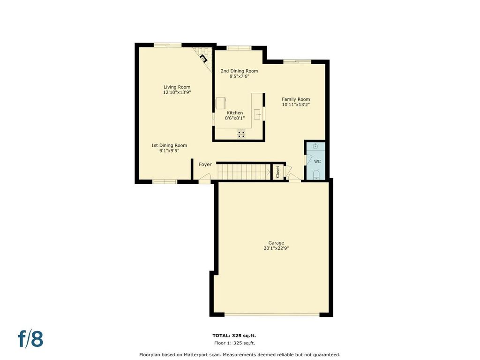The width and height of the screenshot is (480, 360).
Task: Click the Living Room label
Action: tap(177, 87)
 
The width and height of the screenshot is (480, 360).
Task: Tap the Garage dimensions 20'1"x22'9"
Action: tap(276, 248)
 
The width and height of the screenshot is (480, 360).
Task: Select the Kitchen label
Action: tap(235, 112)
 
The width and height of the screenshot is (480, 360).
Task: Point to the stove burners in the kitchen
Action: tap(241, 134)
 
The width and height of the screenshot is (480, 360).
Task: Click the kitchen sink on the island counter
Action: tap(258, 114)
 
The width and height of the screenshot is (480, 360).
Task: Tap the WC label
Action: tap(317, 161)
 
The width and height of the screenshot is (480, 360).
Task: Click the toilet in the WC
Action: tap(316, 175)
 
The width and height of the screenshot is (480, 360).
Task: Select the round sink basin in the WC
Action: tap(315, 146)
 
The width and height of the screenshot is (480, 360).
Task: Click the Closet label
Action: tap(278, 172)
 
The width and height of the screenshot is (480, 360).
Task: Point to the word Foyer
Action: tap(205, 165)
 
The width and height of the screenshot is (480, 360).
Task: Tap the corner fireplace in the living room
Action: tap(203, 58)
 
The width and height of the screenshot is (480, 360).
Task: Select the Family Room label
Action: tap(296, 99)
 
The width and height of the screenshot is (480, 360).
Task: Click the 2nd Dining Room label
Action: tap(240, 71)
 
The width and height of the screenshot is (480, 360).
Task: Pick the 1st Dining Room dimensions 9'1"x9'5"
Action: tap(169, 150)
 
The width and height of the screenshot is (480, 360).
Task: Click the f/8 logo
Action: tap(30, 338)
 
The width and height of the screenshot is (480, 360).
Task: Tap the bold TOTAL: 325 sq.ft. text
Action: tap(234, 336)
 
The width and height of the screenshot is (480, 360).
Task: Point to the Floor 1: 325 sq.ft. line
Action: tap(234, 343)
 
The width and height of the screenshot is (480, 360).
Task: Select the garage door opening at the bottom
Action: tap(272, 314)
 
